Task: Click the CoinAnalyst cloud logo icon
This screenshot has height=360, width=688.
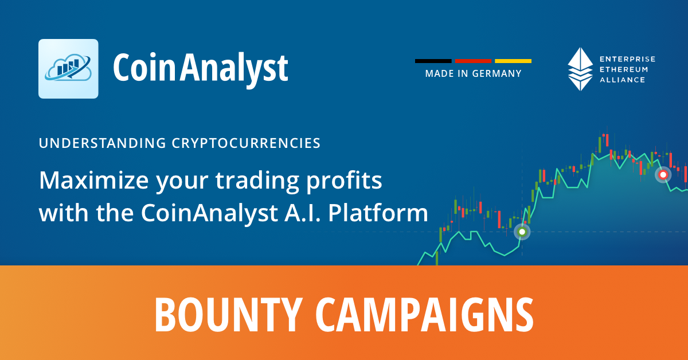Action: click(68, 68)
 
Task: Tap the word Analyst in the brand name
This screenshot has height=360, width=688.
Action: click(234, 69)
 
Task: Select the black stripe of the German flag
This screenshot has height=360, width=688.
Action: click(433, 61)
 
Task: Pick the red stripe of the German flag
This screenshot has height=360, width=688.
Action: click(473, 61)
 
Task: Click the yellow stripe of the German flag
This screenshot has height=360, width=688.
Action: click(513, 61)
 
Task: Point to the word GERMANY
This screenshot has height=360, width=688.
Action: click(497, 74)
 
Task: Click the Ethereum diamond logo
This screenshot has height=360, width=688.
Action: click(580, 69)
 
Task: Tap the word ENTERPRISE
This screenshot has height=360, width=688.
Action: click(627, 59)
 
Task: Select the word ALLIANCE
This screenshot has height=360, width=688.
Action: click(622, 80)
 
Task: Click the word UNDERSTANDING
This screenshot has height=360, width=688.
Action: click(103, 143)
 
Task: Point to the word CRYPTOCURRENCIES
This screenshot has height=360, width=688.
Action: click(246, 143)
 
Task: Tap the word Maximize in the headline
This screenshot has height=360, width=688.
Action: click(94, 181)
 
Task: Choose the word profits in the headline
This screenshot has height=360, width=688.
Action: click(344, 181)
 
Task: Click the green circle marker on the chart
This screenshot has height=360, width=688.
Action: click(522, 232)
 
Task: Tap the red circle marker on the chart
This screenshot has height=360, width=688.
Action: click(663, 175)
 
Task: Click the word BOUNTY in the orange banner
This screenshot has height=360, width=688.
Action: click(229, 315)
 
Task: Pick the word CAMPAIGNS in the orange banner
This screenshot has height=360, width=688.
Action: click(425, 315)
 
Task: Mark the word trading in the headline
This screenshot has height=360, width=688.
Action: click(257, 181)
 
